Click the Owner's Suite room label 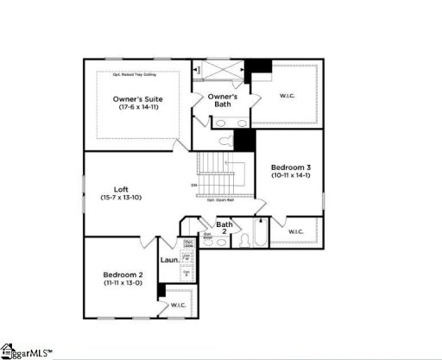[x=137, y=99]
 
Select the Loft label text [x=122, y=190]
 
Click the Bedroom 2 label [x=123, y=275]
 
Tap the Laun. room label [x=169, y=260]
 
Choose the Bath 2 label [x=224, y=227]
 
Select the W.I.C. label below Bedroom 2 [x=179, y=305]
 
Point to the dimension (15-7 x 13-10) [x=122, y=199]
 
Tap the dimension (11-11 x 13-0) [x=123, y=282]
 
